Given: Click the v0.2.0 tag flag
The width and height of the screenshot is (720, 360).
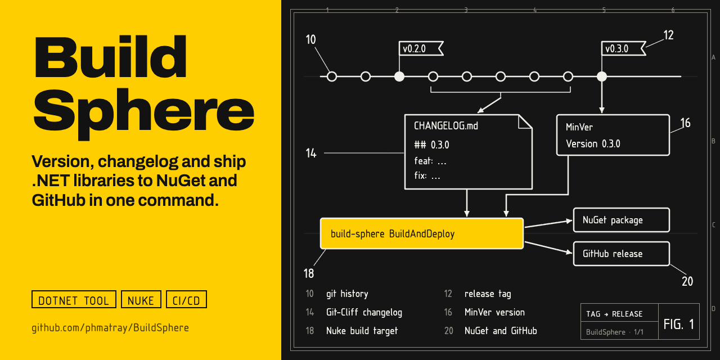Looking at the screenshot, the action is pyautogui.click(x=421, y=48).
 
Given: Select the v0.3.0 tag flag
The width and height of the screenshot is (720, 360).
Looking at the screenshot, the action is pyautogui.click(x=623, y=48).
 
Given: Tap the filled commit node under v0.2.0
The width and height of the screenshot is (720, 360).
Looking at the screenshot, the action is pyautogui.click(x=399, y=76).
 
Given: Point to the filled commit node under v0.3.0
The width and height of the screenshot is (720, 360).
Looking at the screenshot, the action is pyautogui.click(x=602, y=76).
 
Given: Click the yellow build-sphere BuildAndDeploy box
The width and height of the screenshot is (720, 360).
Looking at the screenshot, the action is pyautogui.click(x=422, y=233).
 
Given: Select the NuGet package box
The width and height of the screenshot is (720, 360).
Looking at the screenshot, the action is pyautogui.click(x=622, y=220).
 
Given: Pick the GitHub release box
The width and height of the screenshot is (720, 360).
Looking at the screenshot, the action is pyautogui.click(x=622, y=254).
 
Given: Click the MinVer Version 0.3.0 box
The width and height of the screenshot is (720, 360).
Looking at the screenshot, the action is pyautogui.click(x=613, y=135).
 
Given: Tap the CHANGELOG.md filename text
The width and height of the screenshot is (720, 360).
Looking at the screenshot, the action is pyautogui.click(x=446, y=125).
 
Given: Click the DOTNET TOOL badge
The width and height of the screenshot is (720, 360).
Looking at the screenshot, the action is pyautogui.click(x=74, y=300).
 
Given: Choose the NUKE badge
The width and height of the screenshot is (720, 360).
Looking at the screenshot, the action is pyautogui.click(x=141, y=300).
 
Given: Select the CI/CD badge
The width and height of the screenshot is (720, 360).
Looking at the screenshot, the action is pyautogui.click(x=186, y=300).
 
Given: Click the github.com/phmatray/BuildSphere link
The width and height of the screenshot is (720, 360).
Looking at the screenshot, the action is pyautogui.click(x=110, y=328).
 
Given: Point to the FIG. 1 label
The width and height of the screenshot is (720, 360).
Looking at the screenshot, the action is pyautogui.click(x=678, y=324).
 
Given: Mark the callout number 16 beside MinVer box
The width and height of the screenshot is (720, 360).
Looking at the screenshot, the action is pyautogui.click(x=685, y=123).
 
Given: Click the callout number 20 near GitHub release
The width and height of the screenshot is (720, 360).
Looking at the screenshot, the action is pyautogui.click(x=687, y=282).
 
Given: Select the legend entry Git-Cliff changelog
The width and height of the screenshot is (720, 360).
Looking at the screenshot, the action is pyautogui.click(x=364, y=312).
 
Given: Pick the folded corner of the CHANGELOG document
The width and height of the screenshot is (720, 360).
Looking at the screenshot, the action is pyautogui.click(x=525, y=121).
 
